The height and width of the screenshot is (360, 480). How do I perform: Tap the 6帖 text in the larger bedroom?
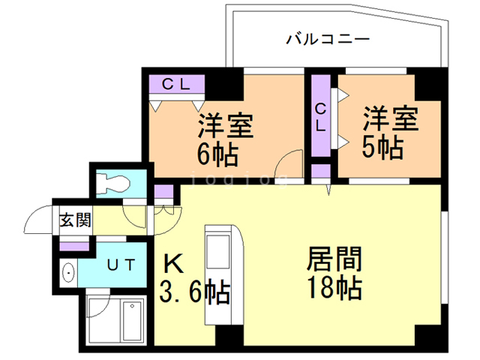tap(217, 155)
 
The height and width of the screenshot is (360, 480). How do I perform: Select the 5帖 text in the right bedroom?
tap(382, 145)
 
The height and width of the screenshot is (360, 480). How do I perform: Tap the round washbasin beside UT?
tap(68, 274)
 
